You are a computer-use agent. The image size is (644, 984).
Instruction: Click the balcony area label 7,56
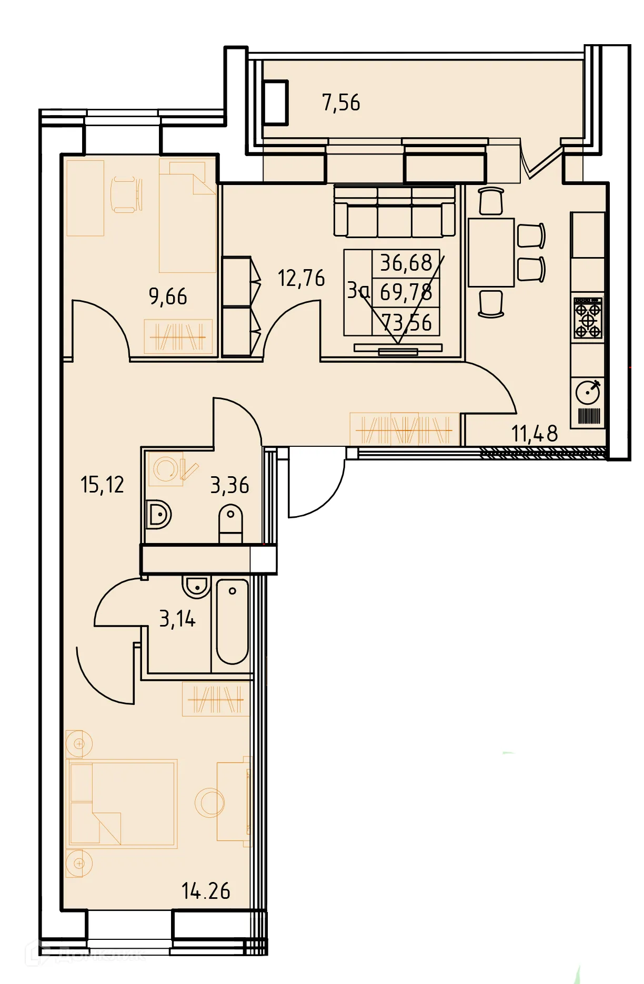[x=341, y=102]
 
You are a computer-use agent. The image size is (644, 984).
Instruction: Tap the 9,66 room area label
[x=168, y=296]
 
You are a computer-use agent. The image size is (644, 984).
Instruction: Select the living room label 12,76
[x=301, y=278]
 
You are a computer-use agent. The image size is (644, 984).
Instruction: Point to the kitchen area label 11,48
[x=534, y=434]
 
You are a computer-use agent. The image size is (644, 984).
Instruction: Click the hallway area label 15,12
[x=102, y=485]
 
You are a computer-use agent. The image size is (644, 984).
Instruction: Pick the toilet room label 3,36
[x=229, y=485]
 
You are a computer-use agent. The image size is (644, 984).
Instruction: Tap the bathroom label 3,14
[x=177, y=619]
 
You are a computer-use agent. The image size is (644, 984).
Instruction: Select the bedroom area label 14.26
[x=206, y=891]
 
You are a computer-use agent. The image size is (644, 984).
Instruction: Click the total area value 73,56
[x=406, y=322]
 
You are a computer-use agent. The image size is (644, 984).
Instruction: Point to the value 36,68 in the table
[x=406, y=262]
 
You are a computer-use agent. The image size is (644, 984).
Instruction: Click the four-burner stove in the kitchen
[x=588, y=318]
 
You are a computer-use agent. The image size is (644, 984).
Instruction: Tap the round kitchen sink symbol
[x=588, y=393]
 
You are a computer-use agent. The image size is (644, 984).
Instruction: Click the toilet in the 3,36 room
[x=230, y=522]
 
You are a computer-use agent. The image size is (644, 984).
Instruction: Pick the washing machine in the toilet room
[x=166, y=468]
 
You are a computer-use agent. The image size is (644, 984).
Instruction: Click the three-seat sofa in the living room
[x=394, y=212]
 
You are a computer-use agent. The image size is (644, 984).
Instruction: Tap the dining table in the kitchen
[x=491, y=252]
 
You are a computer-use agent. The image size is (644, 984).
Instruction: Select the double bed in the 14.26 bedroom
[x=122, y=803]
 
